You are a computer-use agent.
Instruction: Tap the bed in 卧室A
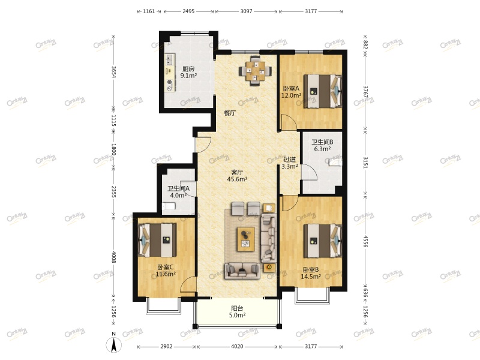(321, 91)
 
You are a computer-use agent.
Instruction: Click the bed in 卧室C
(159, 239)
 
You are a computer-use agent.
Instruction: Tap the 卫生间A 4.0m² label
(178, 191)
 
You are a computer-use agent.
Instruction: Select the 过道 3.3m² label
(290, 163)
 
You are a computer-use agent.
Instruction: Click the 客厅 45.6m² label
(238, 175)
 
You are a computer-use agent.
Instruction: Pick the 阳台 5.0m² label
(238, 312)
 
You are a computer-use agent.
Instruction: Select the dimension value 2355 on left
(113, 192)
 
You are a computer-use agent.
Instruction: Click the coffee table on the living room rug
(245, 238)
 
